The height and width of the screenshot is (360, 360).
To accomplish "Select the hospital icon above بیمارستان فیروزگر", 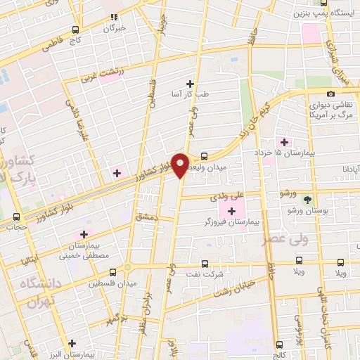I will click(x=232, y=210).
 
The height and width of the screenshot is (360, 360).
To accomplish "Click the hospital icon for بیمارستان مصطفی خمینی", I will click(x=85, y=234).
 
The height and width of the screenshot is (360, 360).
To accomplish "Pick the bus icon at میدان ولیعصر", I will click(x=204, y=157).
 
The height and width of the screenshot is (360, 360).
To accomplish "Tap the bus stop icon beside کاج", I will click(x=76, y=31).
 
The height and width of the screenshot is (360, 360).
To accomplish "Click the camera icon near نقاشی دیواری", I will click(x=330, y=94).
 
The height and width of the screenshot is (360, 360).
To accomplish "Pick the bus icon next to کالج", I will click(x=280, y=345).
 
